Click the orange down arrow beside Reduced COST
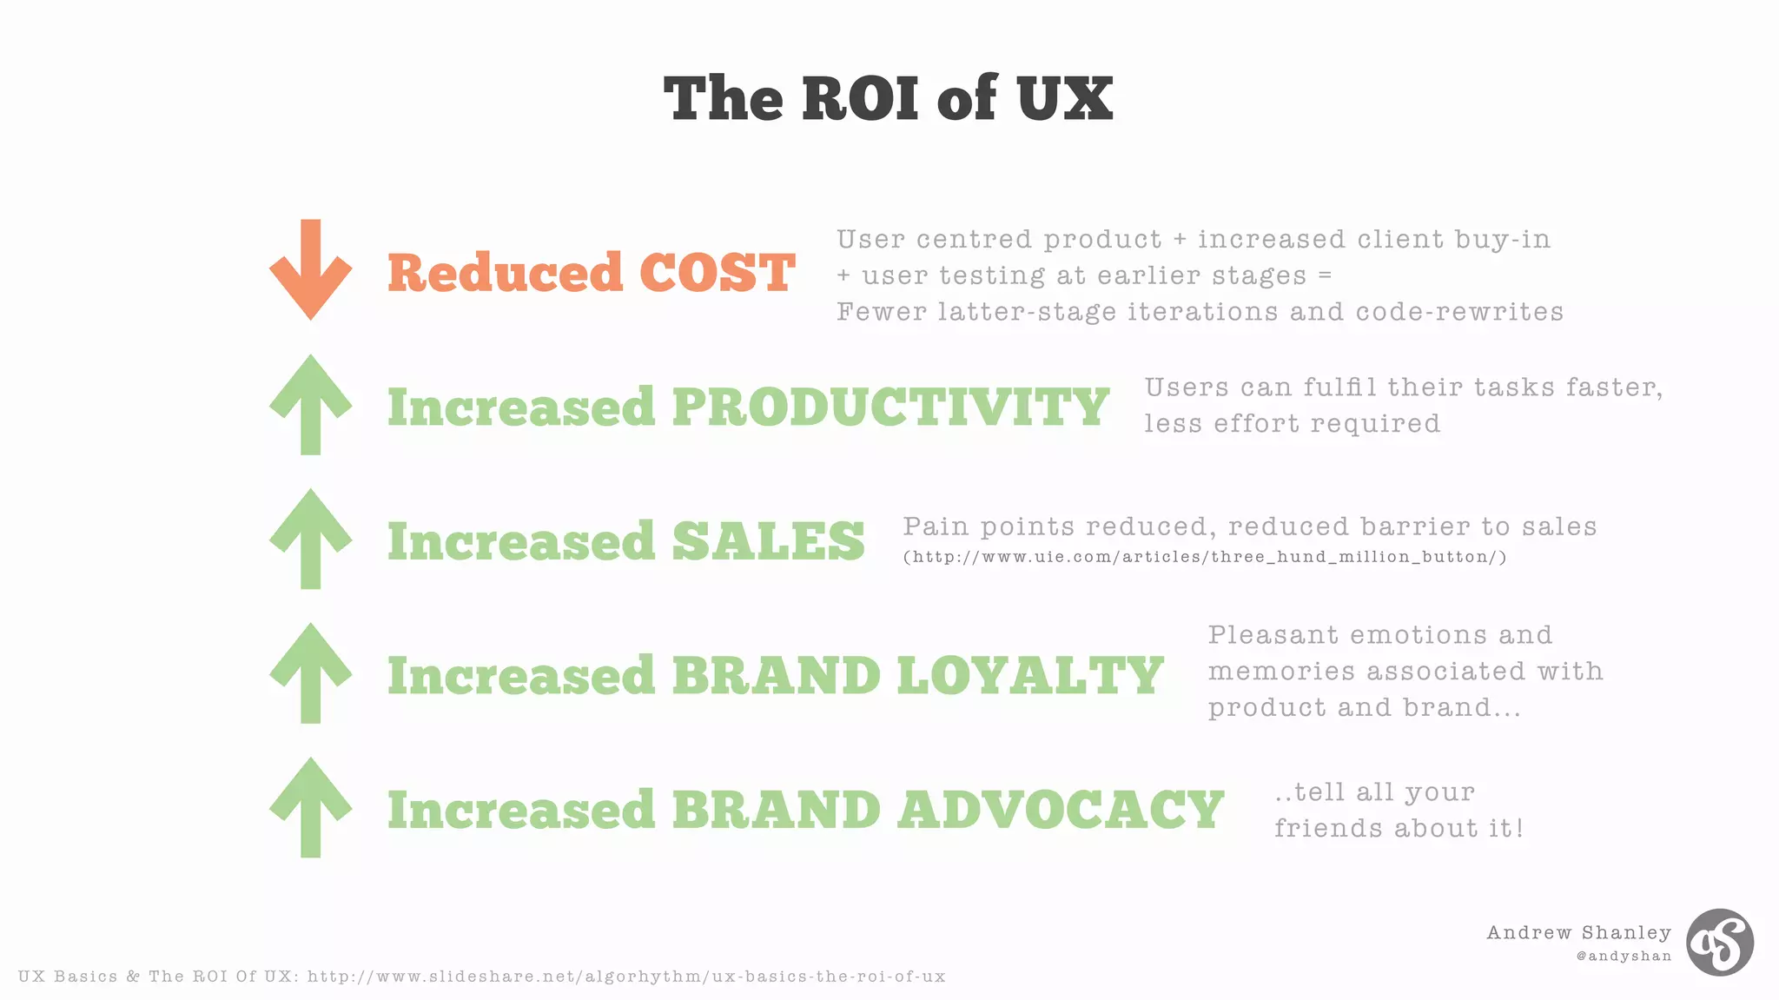(x=310, y=269)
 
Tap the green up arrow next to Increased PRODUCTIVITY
(x=310, y=404)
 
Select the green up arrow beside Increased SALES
(x=310, y=539)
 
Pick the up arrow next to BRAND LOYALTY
(x=310, y=672)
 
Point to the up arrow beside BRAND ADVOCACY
(x=310, y=807)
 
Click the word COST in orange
(x=717, y=273)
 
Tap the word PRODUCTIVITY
(x=890, y=407)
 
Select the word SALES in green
(x=768, y=541)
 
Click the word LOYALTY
(x=1029, y=676)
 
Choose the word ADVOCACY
(x=1061, y=810)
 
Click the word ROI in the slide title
(x=860, y=98)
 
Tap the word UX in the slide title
(x=1064, y=98)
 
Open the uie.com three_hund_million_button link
(x=1205, y=557)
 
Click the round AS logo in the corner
(x=1719, y=943)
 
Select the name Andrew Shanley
(x=1578, y=932)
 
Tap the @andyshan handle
(x=1624, y=956)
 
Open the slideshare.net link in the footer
(x=625, y=977)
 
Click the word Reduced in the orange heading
(x=505, y=273)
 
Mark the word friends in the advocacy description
(x=1329, y=828)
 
